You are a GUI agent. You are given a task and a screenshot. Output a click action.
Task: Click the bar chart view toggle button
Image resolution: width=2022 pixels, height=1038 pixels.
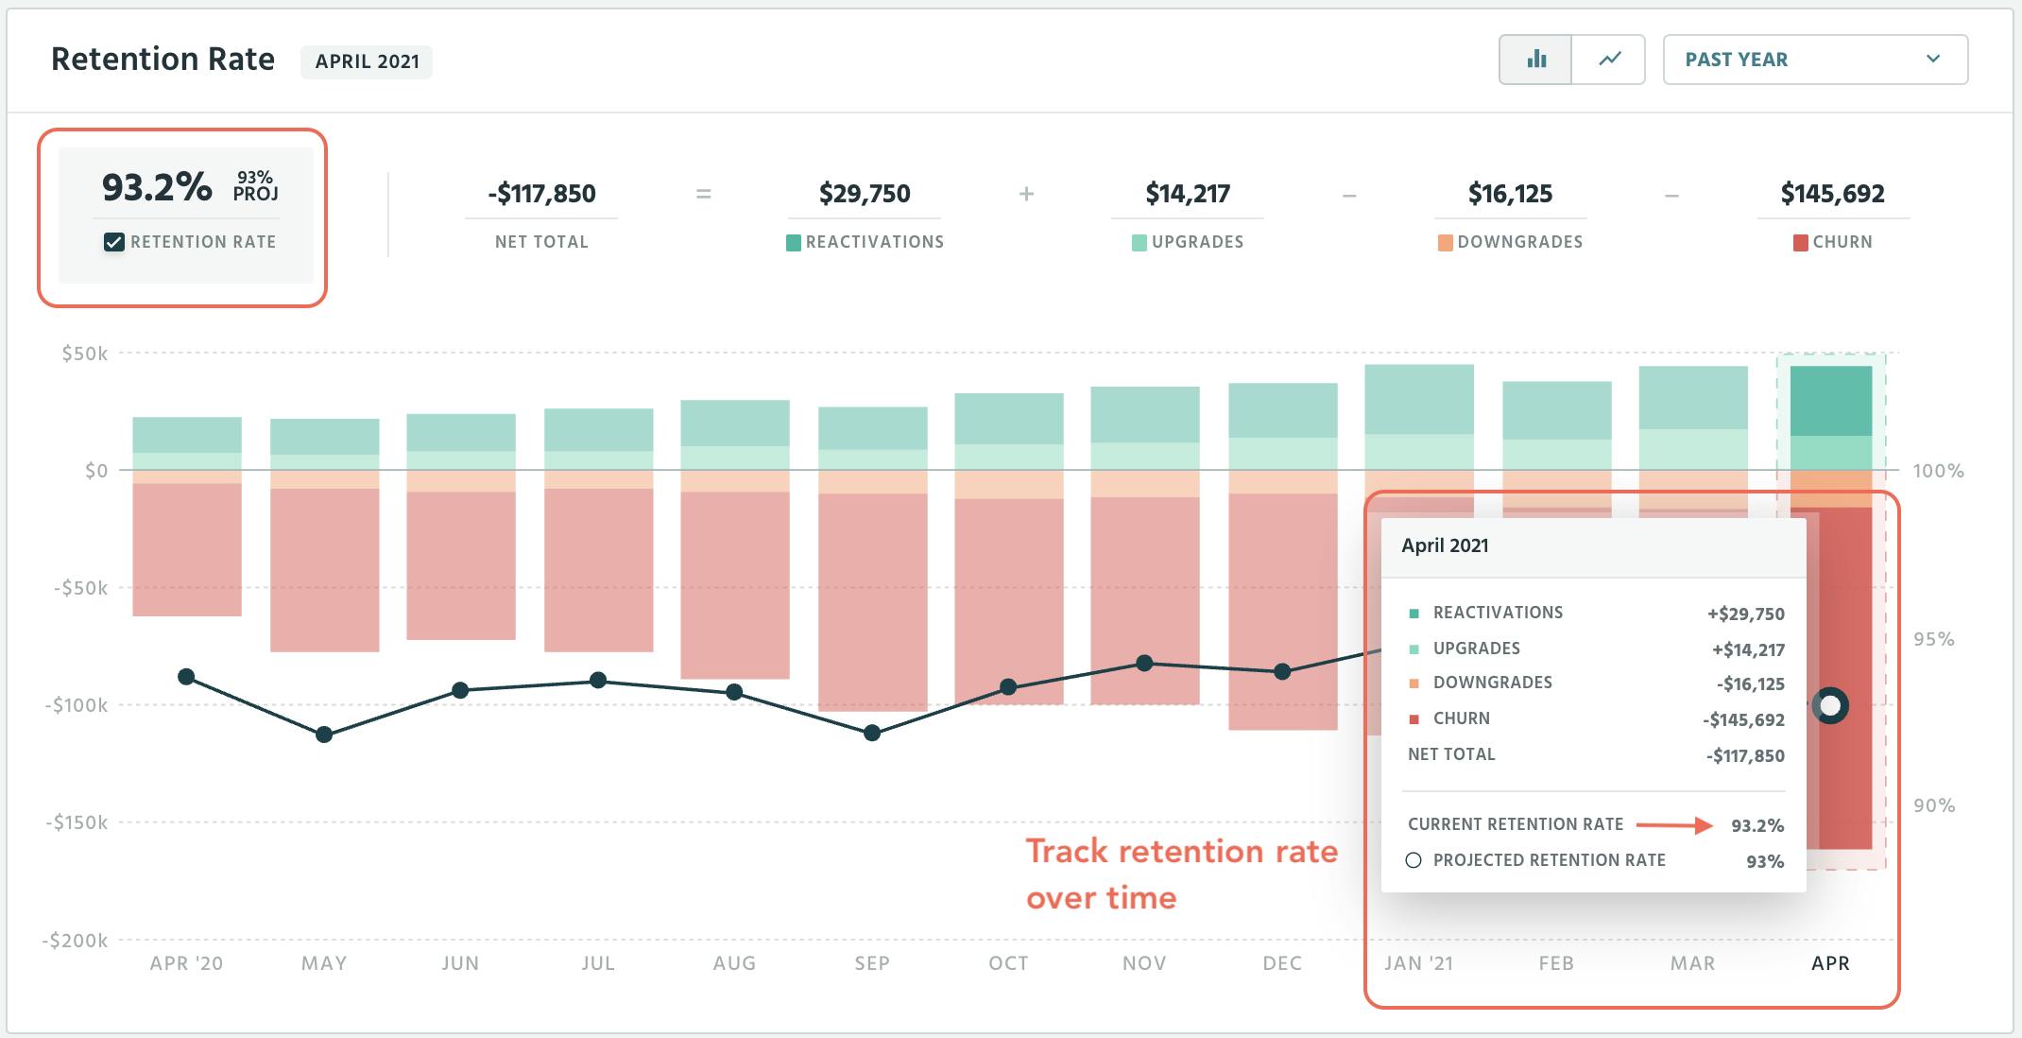pos(1535,60)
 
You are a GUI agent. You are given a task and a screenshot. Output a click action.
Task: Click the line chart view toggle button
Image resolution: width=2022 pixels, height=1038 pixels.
pos(1609,60)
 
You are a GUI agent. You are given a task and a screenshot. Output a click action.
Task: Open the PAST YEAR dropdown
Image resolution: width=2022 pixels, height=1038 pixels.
pos(1814,60)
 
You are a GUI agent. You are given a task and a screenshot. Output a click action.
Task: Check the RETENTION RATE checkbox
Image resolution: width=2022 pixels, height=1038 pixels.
pos(114,242)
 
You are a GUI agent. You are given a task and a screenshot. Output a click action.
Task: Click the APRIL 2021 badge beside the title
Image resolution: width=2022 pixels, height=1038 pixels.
pos(367,61)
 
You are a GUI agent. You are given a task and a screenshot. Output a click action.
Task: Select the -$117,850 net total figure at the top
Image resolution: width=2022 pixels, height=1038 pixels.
pos(541,194)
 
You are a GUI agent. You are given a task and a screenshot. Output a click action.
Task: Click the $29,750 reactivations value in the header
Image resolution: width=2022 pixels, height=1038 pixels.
pos(864,194)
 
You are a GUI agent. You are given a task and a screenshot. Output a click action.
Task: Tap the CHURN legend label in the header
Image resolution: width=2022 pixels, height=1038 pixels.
pos(1842,242)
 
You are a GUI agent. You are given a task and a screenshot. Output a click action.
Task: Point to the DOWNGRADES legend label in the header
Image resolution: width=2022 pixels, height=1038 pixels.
pos(1519,242)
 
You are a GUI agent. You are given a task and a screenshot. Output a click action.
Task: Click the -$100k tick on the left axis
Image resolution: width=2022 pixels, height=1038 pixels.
pos(77,705)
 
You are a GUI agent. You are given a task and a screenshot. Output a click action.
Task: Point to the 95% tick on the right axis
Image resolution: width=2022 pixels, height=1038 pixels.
pos(1933,639)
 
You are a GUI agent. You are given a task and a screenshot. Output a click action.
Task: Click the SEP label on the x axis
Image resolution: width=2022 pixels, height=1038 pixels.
pos(871,963)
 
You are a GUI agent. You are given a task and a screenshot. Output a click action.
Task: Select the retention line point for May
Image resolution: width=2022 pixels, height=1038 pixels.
pos(324,735)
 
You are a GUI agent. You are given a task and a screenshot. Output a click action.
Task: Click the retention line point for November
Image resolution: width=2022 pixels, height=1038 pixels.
pos(1144,663)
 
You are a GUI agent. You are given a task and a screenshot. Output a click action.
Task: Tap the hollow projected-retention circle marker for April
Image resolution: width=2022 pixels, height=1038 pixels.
pos(1830,705)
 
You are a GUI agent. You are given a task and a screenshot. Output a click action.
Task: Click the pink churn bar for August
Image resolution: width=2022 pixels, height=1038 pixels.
pos(734,586)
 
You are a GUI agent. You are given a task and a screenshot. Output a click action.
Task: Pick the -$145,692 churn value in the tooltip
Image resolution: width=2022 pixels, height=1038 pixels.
pos(1743,720)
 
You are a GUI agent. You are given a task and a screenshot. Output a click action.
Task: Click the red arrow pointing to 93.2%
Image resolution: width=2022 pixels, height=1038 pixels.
pos(1674,825)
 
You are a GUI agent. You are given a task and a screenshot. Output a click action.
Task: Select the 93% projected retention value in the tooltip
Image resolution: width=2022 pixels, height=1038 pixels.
pos(1764,861)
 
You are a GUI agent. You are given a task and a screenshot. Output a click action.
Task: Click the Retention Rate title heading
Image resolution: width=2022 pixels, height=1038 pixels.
pos(163,60)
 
